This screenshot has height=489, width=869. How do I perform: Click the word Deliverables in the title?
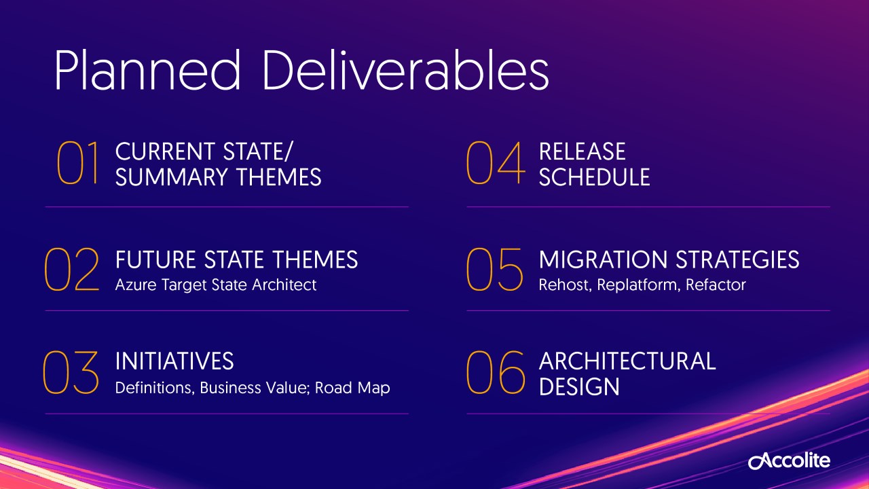(406, 70)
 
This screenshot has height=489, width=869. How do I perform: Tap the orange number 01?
(77, 162)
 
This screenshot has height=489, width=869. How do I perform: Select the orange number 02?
(72, 269)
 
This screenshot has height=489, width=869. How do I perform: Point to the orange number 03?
(71, 372)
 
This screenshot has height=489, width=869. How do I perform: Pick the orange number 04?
(496, 162)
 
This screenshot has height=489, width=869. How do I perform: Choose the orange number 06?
(496, 372)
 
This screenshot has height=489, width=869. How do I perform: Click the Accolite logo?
(789, 460)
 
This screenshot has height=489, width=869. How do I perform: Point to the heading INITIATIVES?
(174, 361)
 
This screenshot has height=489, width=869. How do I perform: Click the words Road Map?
(352, 388)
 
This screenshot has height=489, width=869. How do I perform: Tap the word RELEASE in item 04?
(582, 151)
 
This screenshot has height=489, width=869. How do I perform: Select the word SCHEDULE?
(594, 177)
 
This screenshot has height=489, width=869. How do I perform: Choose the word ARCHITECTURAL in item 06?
(627, 361)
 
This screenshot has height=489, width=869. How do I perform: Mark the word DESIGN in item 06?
(579, 387)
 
